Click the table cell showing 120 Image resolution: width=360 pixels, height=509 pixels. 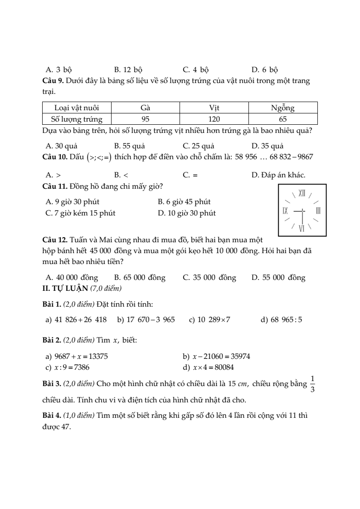pyautogui.click(x=214, y=119)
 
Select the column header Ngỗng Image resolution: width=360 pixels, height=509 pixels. pyautogui.click(x=282, y=108)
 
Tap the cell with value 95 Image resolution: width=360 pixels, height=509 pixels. pyautogui.click(x=145, y=119)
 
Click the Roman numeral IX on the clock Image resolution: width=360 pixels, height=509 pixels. pyautogui.click(x=285, y=211)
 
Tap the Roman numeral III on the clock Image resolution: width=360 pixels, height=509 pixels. pyautogui.click(x=318, y=211)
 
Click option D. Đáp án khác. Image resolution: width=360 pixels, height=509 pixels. pyautogui.click(x=278, y=175)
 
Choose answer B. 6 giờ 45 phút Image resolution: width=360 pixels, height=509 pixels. pyautogui.click(x=184, y=202)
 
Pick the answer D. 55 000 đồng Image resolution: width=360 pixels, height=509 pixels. pyautogui.click(x=278, y=278)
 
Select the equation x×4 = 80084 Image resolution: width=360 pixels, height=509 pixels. pyautogui.click(x=208, y=367)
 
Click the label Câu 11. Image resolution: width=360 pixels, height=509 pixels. pyautogui.click(x=54, y=186)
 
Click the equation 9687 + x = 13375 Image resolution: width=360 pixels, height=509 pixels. pyautogui.click(x=77, y=357)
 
